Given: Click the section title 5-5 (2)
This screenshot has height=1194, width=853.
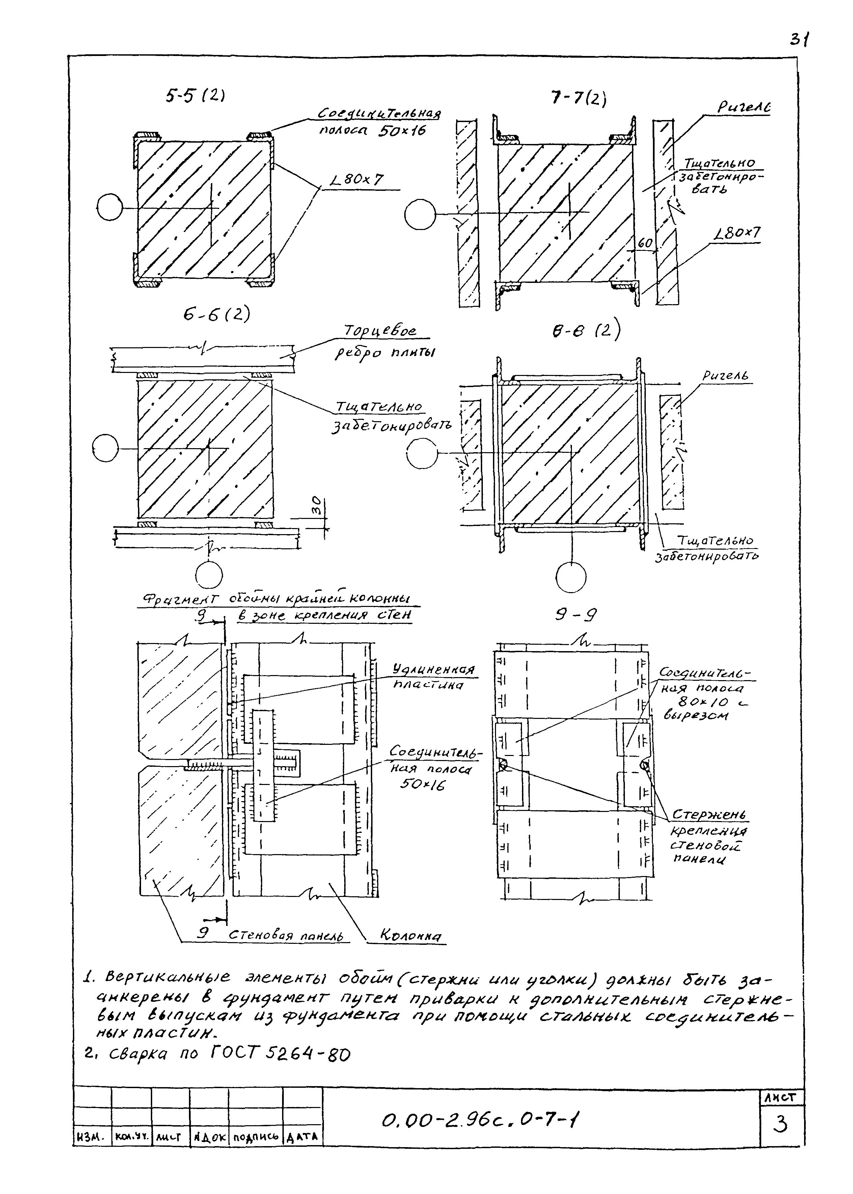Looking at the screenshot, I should point(194,96).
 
